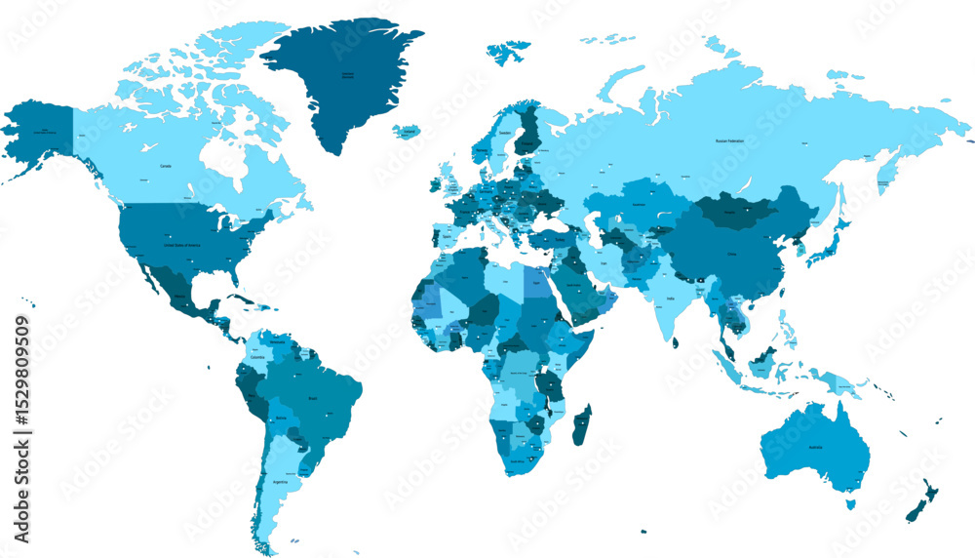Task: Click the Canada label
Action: point(167,166)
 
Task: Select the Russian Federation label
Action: point(729,141)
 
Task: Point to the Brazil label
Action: point(314,399)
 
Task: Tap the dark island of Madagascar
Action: point(581,426)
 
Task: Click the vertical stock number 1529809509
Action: point(20,428)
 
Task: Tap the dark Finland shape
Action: point(528,132)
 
